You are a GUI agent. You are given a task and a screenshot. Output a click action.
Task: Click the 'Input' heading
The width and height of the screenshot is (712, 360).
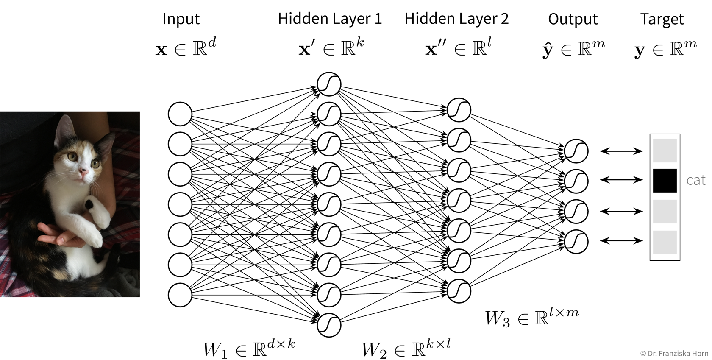pyautogui.click(x=181, y=20)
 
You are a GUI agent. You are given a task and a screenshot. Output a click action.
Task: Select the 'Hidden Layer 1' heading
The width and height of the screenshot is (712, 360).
pyautogui.click(x=330, y=19)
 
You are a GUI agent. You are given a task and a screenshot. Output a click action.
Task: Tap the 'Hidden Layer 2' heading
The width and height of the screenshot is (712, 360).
pyautogui.click(x=456, y=19)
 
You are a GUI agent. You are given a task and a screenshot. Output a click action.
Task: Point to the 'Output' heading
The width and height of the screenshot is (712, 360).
pyautogui.click(x=573, y=20)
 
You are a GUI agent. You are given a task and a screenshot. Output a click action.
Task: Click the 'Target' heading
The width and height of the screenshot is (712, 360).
pyautogui.click(x=662, y=20)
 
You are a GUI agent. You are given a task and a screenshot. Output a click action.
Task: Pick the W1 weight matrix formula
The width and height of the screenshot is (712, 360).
pyautogui.click(x=249, y=348)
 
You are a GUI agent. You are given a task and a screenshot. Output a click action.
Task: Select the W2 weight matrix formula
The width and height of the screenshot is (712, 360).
pyautogui.click(x=406, y=349)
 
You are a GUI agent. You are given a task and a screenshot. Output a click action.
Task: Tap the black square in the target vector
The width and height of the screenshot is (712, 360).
pyautogui.click(x=665, y=180)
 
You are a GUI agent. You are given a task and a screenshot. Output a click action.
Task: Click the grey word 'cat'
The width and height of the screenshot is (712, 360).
pyautogui.click(x=695, y=180)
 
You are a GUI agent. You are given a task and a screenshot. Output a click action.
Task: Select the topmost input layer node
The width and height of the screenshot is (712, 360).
pyautogui.click(x=180, y=114)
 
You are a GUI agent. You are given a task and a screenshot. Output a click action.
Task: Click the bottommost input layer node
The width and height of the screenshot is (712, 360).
pyautogui.click(x=180, y=295)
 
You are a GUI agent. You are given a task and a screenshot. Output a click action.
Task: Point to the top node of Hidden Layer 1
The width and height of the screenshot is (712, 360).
pyautogui.click(x=329, y=84)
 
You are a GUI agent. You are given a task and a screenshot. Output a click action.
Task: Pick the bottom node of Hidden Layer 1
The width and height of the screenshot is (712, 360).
pyautogui.click(x=329, y=325)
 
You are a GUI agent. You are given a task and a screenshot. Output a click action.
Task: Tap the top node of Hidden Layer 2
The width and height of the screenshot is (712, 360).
pyautogui.click(x=459, y=110)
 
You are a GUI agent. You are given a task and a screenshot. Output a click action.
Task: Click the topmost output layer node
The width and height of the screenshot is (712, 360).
pyautogui.click(x=576, y=151)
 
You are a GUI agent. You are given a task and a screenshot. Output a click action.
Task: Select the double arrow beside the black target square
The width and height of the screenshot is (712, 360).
pyautogui.click(x=622, y=180)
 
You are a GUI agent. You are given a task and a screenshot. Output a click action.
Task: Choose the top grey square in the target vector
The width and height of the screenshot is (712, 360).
pyautogui.click(x=665, y=150)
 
